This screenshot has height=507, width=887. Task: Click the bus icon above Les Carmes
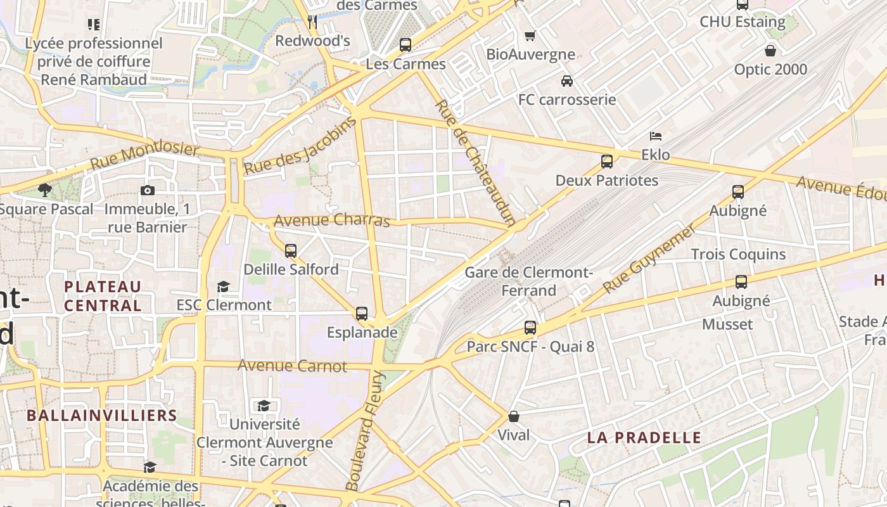[x=405, y=45]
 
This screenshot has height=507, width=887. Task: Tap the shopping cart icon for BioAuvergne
[x=530, y=35]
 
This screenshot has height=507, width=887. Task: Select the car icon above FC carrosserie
[x=567, y=81]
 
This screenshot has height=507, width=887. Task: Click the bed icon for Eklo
[x=656, y=136]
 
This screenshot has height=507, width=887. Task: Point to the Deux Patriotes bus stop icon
[x=607, y=162]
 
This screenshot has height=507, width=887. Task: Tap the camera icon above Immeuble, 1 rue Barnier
[x=147, y=190]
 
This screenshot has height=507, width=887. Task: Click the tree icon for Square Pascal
[x=44, y=189]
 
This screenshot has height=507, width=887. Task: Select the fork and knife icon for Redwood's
[x=312, y=22]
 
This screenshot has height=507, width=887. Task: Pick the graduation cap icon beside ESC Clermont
[x=223, y=286]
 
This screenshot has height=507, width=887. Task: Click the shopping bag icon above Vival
[x=514, y=416]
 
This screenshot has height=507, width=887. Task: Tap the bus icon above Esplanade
[x=362, y=313]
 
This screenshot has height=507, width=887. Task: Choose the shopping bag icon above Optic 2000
[x=770, y=51]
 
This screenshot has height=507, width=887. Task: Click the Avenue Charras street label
[x=332, y=221]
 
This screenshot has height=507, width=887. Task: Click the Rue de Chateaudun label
[x=475, y=162]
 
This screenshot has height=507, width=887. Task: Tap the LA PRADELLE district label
[x=644, y=437]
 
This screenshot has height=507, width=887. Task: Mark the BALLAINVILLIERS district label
[x=101, y=416]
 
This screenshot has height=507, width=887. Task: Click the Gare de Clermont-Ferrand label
[x=528, y=281]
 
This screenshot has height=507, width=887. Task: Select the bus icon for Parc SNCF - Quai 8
[x=530, y=328]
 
